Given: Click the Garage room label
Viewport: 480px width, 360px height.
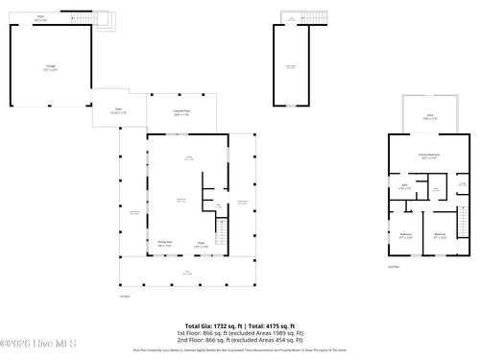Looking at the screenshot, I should click(51, 68).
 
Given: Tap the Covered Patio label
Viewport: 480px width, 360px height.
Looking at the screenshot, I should click(180, 112).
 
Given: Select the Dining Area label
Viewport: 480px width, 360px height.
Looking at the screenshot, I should click(165, 243).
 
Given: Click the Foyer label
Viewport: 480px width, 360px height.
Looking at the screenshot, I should click(202, 243).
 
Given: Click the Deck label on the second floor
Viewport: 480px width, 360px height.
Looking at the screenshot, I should click(429, 116).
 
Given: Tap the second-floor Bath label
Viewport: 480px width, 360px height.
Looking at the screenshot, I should click(405, 187).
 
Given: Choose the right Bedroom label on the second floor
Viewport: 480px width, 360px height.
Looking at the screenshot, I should click(440, 235).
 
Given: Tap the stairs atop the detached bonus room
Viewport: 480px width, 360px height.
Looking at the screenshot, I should click(294, 19).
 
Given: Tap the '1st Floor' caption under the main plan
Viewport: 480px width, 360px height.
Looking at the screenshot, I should click(124, 296).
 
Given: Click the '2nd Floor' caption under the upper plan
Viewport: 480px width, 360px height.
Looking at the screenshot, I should click(393, 266).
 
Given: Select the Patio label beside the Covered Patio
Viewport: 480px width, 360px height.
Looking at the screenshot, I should click(118, 110).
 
